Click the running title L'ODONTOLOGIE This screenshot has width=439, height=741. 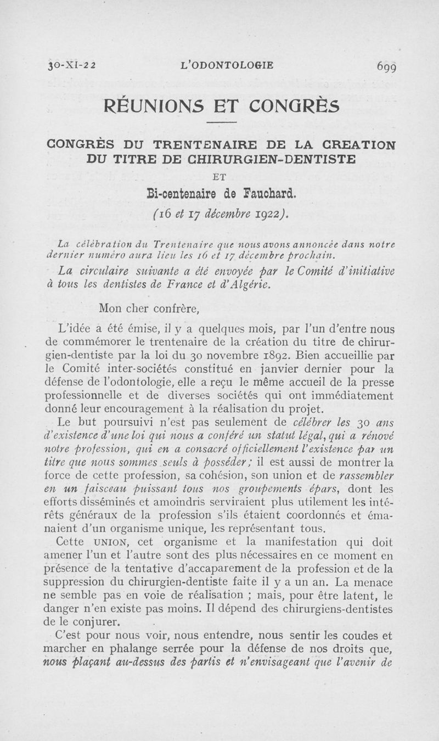click(226, 66)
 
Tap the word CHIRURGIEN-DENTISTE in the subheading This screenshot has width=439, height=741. click(280, 160)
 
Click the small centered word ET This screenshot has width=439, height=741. click(222, 176)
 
